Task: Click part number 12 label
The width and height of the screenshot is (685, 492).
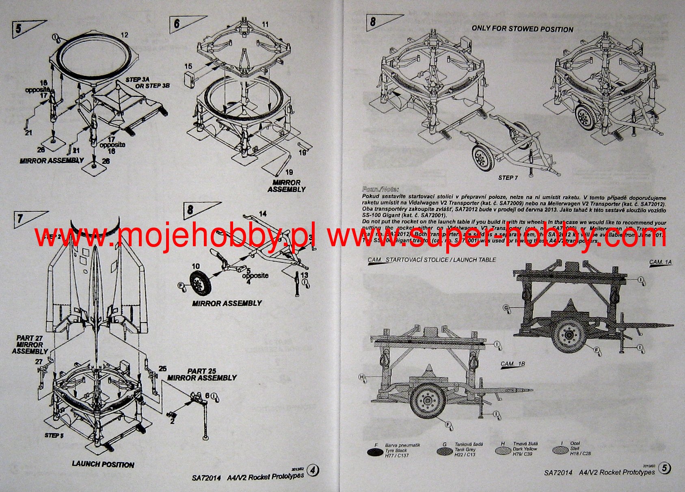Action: [124, 35]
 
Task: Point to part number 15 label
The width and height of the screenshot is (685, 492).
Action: [188, 66]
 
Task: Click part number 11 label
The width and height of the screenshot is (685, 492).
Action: [265, 25]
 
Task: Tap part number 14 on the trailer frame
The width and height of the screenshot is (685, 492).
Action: [263, 213]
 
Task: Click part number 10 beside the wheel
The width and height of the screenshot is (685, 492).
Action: [196, 266]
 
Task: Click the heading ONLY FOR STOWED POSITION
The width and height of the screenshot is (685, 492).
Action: [522, 29]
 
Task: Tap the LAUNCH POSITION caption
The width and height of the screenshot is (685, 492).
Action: [103, 464]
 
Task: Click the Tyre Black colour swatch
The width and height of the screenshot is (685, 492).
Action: [374, 452]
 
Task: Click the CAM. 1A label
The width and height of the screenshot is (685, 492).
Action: [660, 262]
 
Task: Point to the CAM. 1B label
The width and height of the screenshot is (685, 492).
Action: [512, 364]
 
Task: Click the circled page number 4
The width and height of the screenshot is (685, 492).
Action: [313, 470]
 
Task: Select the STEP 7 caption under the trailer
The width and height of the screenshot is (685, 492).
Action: [508, 178]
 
